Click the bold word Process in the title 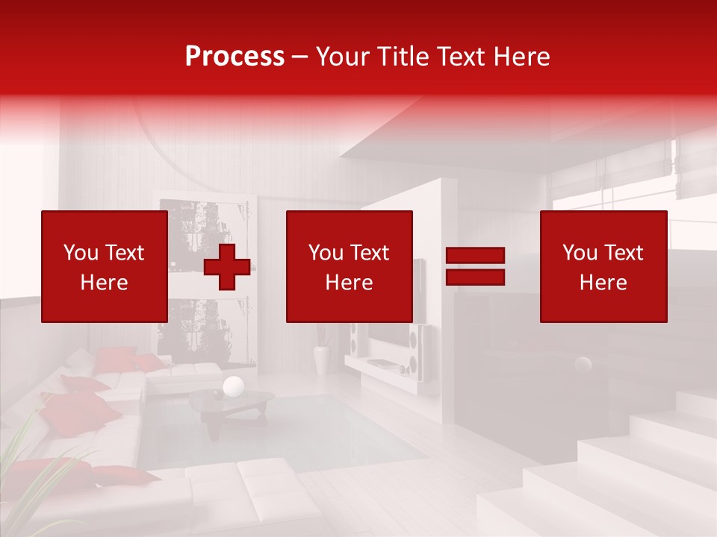click(235, 57)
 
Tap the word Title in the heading click(403, 57)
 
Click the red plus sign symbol click(227, 267)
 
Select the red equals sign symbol click(475, 267)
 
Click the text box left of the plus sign click(104, 267)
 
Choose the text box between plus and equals click(349, 267)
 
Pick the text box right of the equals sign click(603, 267)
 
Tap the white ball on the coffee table click(234, 386)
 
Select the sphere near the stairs click(583, 365)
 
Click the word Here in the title click(522, 57)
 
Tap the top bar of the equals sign click(475, 256)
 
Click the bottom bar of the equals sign click(475, 277)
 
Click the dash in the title click(300, 57)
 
